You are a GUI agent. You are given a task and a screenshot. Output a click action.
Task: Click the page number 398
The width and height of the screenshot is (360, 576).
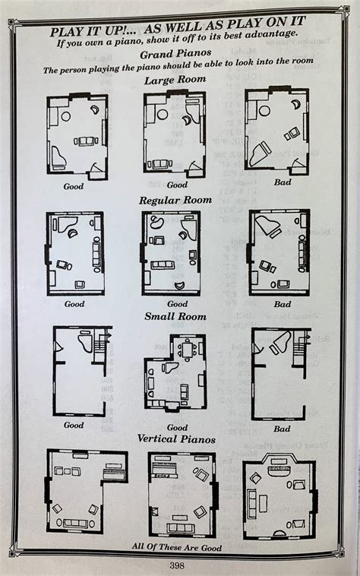[176, 565]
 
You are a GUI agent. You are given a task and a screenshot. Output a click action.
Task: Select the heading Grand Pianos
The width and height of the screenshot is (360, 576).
[175, 54]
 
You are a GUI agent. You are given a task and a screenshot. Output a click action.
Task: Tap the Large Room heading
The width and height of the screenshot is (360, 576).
[175, 80]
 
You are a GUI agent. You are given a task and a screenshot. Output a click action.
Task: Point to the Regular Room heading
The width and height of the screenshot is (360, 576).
[175, 201]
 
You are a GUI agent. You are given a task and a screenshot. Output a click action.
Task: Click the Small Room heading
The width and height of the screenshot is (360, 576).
[175, 316]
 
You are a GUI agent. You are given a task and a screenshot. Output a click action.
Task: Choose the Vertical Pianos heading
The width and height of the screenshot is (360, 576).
[176, 438]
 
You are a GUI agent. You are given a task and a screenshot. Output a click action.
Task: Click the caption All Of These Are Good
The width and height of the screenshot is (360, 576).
[177, 547]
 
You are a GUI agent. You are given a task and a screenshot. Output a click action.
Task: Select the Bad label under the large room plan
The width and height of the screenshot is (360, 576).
[283, 182]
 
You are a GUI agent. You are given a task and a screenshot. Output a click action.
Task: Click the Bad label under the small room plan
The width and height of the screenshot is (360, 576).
[282, 429]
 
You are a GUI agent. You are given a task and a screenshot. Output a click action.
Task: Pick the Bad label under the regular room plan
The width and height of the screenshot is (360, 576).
[283, 304]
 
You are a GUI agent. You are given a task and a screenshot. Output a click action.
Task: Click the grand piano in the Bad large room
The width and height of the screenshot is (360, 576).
[260, 153]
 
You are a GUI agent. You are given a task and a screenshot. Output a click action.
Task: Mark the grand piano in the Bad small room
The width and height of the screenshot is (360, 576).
[279, 341]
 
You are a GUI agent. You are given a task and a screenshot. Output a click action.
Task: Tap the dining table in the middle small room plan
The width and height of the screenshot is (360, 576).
[187, 348]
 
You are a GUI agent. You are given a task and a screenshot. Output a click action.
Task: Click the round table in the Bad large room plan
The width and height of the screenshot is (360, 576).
[264, 111]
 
